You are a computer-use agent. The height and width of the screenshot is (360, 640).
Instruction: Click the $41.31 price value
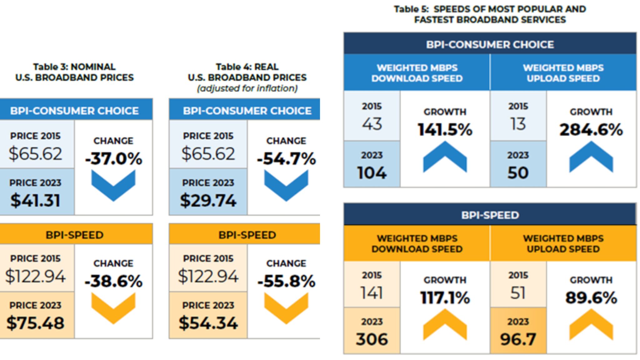(x=35, y=200)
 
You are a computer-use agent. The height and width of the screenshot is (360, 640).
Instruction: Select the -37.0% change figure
(x=114, y=158)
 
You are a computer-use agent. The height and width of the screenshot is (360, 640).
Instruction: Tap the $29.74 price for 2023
(x=208, y=200)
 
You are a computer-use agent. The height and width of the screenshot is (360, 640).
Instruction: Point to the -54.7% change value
(x=286, y=158)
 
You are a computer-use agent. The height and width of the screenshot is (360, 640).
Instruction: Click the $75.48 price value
(x=35, y=323)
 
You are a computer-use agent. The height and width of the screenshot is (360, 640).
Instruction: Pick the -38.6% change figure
(x=114, y=281)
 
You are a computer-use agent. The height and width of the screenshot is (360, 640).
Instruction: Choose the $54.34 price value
(x=208, y=323)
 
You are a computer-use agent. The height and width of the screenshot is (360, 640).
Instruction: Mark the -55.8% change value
(x=286, y=281)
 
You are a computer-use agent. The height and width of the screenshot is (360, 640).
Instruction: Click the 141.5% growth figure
(x=445, y=129)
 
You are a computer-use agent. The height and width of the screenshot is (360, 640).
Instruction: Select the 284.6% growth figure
(x=591, y=129)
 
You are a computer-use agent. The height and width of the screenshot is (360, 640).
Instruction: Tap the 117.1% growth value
(x=445, y=297)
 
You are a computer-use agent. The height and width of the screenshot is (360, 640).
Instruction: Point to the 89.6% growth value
(x=591, y=297)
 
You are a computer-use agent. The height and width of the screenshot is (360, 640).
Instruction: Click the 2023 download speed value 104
(x=372, y=172)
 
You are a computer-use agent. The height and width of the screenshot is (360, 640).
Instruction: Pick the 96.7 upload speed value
(x=518, y=339)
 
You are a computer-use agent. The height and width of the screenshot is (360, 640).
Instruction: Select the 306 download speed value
(x=372, y=339)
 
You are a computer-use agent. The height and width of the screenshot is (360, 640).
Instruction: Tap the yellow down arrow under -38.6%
(x=113, y=308)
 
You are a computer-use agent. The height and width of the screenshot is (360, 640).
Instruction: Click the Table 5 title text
(x=490, y=14)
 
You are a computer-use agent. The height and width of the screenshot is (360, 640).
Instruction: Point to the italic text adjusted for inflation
(x=247, y=88)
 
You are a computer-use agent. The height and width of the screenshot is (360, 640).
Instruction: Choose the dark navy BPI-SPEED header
(x=490, y=215)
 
